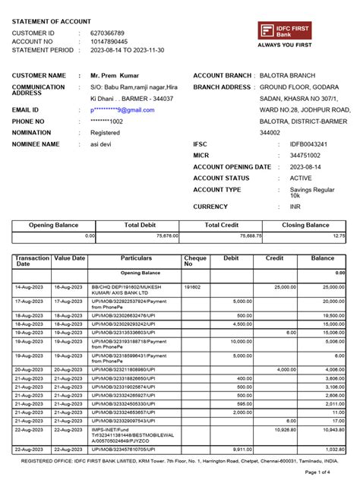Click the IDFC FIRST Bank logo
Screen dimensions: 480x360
click(284, 30)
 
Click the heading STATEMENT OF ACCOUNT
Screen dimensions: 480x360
click(54, 21)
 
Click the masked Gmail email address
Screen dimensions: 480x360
click(122, 110)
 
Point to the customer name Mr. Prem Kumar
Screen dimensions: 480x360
click(116, 76)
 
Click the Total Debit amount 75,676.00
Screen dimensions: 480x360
click(163, 236)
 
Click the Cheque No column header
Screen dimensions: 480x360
click(195, 262)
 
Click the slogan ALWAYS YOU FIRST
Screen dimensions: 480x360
click(285, 46)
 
